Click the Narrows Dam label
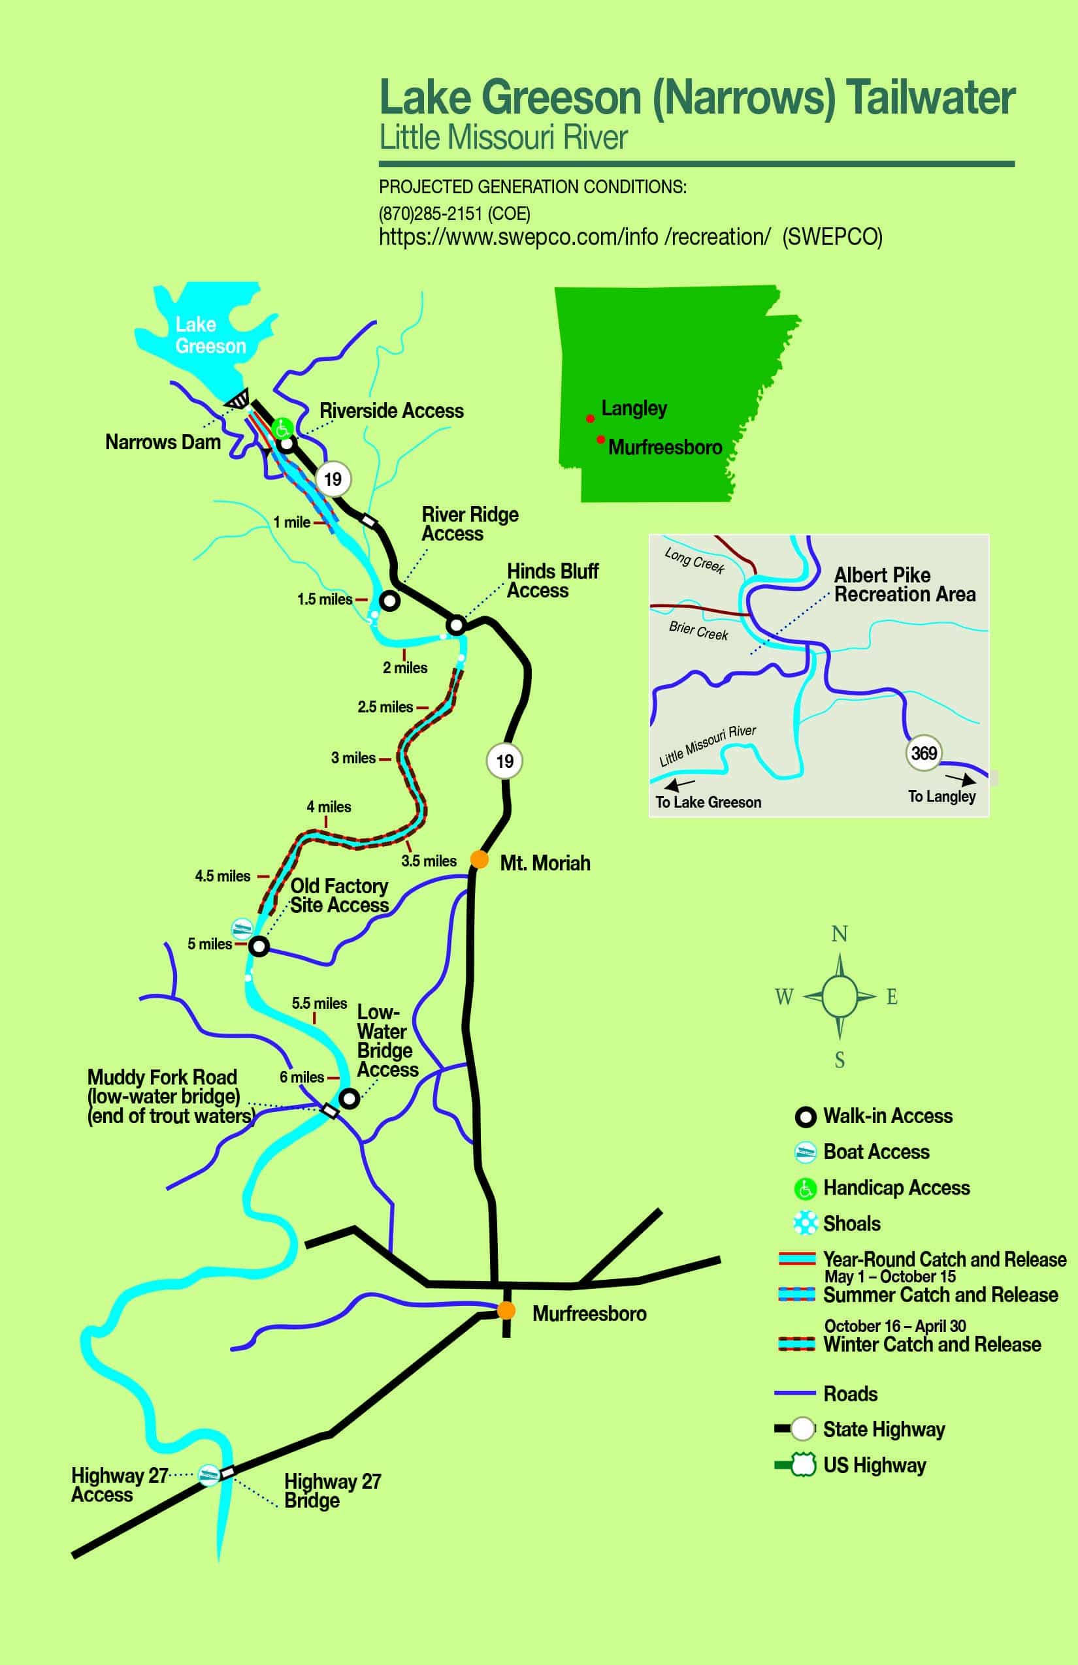163,442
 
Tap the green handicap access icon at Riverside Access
282,428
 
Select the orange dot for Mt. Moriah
480,859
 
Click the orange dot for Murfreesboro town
506,1310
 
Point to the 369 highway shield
923,753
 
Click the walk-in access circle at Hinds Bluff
456,625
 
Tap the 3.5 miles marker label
429,861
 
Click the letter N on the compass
840,934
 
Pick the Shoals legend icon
805,1223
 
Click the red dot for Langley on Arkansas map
590,419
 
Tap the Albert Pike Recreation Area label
904,585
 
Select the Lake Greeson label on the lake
210,335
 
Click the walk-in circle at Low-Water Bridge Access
350,1098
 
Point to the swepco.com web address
574,237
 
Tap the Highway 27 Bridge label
333,1491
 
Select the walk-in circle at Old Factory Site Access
259,947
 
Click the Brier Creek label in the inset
698,630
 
